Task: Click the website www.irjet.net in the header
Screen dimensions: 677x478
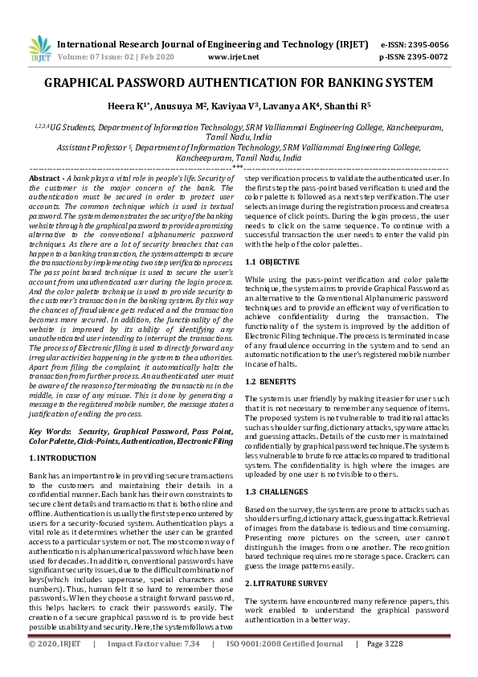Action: pos(233,57)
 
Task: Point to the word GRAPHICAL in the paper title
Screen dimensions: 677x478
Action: pos(84,83)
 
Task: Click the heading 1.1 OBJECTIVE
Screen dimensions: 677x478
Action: pos(272,262)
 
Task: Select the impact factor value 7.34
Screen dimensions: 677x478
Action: pos(191,667)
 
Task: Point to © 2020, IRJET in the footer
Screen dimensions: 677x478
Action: pos(55,667)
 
